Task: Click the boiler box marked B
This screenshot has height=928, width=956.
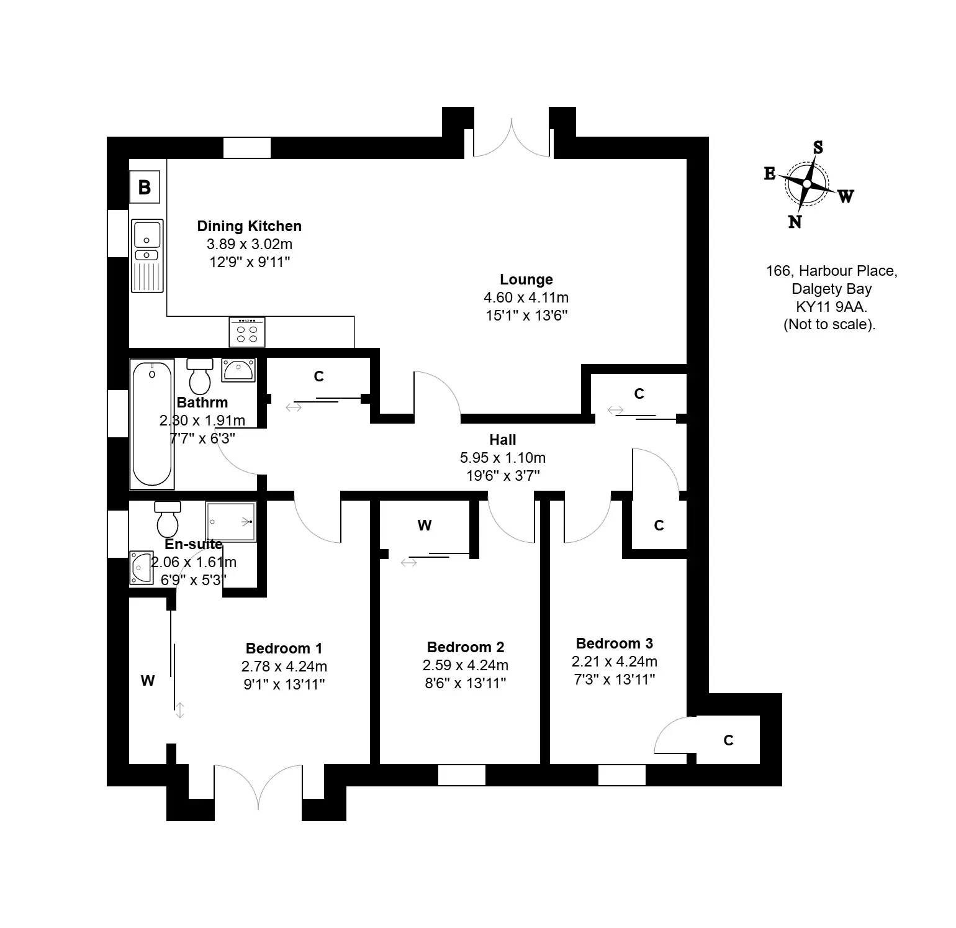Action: (x=145, y=187)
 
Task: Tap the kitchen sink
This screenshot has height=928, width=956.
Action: (x=147, y=255)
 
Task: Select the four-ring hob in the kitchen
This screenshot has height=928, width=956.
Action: (x=247, y=332)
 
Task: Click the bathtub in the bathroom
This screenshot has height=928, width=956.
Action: (x=152, y=424)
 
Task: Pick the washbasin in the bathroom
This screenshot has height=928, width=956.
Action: (x=238, y=370)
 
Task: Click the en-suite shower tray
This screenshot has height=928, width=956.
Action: (x=231, y=522)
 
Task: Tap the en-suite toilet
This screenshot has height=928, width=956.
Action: (x=168, y=519)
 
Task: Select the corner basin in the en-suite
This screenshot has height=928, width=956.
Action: (x=141, y=568)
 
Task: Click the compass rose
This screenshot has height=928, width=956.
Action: (x=808, y=184)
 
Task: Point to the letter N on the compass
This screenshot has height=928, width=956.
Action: (x=795, y=222)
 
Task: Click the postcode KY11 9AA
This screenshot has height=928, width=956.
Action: (x=832, y=306)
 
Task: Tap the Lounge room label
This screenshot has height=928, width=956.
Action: (x=526, y=280)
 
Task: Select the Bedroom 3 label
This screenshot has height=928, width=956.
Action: (x=615, y=644)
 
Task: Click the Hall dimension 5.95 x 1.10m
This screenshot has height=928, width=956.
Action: (x=503, y=458)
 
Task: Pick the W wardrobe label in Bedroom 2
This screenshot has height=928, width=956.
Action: (x=425, y=525)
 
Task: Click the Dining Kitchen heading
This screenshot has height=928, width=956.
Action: (x=250, y=226)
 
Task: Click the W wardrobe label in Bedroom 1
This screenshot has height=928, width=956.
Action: (x=148, y=681)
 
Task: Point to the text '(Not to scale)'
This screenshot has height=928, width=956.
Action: (x=829, y=324)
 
